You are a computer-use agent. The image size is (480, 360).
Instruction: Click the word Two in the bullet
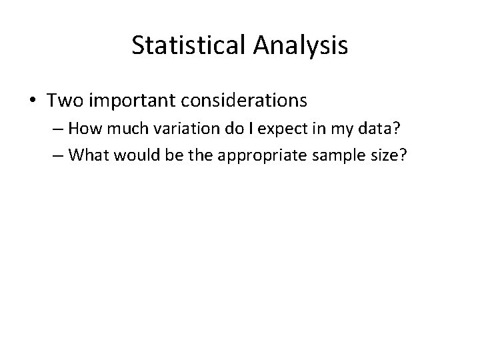pos(64,101)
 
